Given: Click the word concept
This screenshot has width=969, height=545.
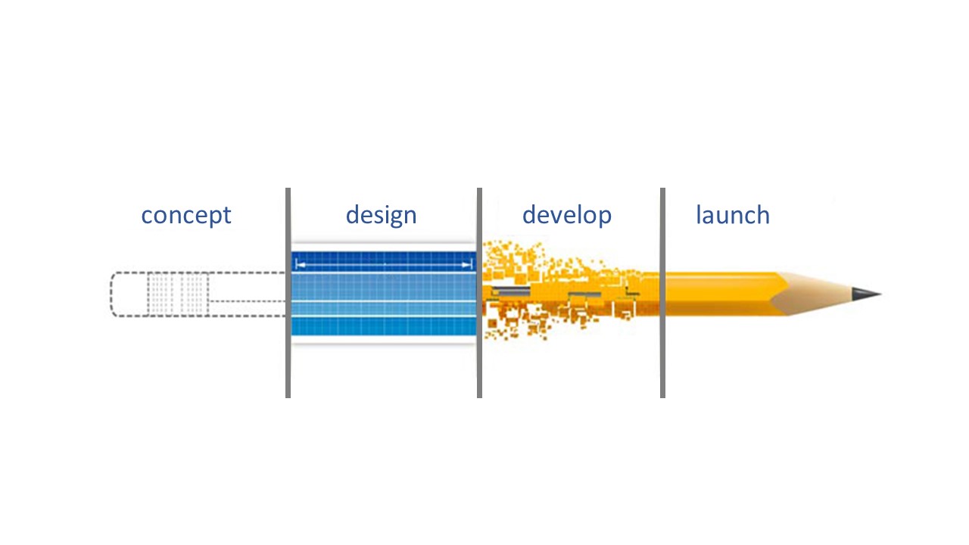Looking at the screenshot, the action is click(x=186, y=216).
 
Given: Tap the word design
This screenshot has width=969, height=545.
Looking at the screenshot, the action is click(x=381, y=214).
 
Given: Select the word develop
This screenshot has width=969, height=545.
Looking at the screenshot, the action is click(x=567, y=214).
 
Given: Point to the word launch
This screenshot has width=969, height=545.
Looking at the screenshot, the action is click(x=733, y=214).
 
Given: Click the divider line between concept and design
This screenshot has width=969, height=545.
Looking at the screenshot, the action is click(x=288, y=293).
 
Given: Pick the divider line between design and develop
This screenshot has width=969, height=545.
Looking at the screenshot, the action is click(x=479, y=293).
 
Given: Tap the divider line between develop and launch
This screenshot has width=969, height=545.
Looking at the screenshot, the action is click(x=662, y=293).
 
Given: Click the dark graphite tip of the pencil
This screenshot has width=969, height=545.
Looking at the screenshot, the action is click(x=867, y=294).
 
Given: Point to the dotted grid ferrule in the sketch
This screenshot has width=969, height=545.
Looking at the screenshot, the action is click(x=178, y=294).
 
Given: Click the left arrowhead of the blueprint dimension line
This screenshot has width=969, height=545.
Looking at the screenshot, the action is click(x=300, y=265).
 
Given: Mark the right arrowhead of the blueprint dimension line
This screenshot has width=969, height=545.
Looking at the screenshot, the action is click(x=467, y=265).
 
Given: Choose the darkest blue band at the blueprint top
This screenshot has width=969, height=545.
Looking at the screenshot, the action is click(x=384, y=261).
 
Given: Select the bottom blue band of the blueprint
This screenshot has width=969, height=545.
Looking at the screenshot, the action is click(x=384, y=326).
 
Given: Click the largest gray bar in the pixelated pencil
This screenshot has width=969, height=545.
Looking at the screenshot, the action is click(x=511, y=291).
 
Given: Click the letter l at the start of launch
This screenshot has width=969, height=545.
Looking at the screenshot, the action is click(x=698, y=214).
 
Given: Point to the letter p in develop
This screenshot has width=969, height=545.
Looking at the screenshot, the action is click(x=604, y=219).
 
